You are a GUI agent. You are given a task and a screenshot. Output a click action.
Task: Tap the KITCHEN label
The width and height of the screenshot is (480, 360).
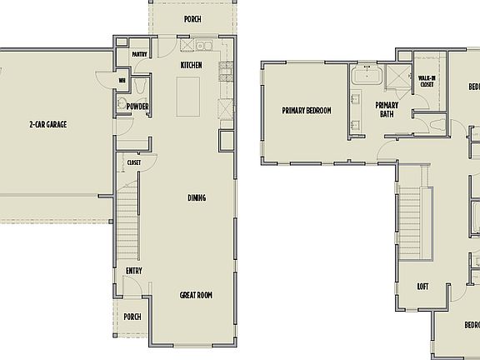click(192, 65)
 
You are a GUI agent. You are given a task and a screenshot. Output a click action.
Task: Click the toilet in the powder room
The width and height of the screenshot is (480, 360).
click(141, 86)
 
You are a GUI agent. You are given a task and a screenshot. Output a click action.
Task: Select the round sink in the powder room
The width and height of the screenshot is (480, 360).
click(122, 104)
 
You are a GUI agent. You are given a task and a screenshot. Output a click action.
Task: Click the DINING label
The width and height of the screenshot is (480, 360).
click(197, 197)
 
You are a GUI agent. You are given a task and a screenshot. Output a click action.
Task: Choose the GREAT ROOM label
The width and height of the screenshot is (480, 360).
click(197, 295)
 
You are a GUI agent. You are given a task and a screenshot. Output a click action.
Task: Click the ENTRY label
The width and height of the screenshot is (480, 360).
click(133, 271)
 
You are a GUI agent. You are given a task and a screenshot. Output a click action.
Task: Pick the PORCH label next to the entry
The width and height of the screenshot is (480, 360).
click(132, 317)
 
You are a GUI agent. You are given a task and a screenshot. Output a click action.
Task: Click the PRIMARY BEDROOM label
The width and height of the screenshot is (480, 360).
click(307, 111)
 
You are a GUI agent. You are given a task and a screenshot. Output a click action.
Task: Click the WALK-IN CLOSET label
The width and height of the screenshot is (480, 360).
click(427, 81)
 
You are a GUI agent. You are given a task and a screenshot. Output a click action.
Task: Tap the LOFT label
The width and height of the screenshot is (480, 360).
click(423, 287)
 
